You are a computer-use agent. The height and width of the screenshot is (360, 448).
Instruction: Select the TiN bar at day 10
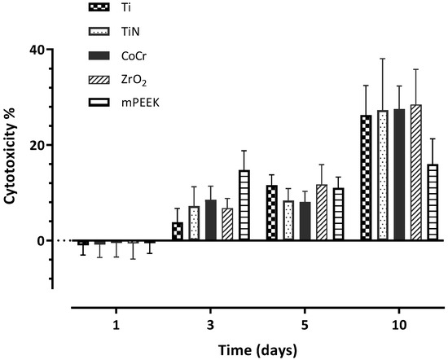[x=383, y=175]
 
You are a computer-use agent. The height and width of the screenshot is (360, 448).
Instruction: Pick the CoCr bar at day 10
[x=399, y=174]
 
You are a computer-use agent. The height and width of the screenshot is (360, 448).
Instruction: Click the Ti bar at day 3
[x=178, y=231]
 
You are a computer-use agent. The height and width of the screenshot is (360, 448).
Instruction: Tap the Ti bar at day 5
[x=272, y=213]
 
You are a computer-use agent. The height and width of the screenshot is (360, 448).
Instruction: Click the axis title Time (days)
[x=257, y=350]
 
